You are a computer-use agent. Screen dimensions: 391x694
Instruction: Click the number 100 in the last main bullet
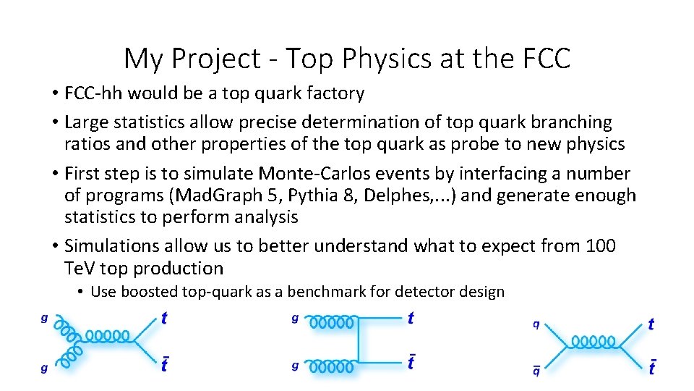pos(600,246)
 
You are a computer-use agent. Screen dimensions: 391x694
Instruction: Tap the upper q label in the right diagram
pos(536,324)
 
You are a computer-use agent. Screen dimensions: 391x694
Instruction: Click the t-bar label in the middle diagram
pos(411,361)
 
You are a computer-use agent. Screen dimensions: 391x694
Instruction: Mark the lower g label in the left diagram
pos(44,369)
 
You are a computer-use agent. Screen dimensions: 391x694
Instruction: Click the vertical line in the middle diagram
pos(359,342)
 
